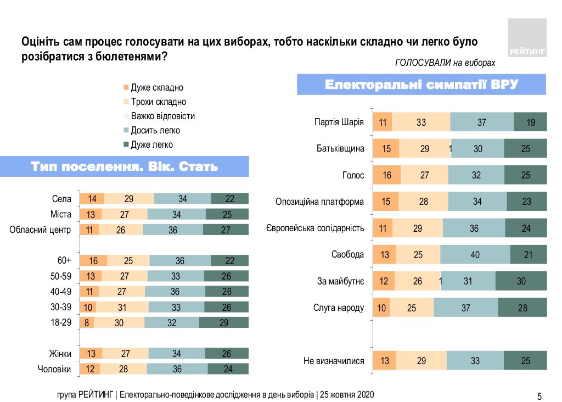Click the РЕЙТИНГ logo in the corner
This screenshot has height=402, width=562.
click(x=527, y=37)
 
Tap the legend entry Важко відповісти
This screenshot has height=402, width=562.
click(x=162, y=116)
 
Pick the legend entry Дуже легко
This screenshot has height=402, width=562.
click(x=151, y=145)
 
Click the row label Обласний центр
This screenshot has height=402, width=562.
click(x=41, y=230)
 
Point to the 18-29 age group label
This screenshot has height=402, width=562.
click(x=61, y=322)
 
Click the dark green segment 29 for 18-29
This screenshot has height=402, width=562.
click(x=223, y=323)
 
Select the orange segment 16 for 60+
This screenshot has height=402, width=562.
click(x=93, y=260)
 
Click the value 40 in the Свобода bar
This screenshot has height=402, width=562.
click(x=475, y=255)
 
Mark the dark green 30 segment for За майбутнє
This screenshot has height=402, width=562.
click(x=521, y=281)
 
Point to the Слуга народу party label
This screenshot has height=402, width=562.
click(x=339, y=308)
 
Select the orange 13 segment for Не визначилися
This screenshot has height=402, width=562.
click(x=385, y=361)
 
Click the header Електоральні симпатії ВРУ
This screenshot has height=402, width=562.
click(x=422, y=85)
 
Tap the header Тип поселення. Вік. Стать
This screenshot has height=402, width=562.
click(x=125, y=166)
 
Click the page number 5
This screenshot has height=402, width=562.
click(x=539, y=395)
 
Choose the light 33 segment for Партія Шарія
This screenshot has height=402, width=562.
click(x=421, y=122)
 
